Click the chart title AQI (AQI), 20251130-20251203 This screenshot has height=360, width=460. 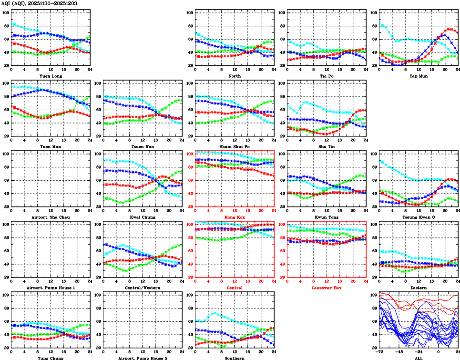coord(39,3)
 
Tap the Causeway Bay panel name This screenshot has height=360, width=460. coord(326,288)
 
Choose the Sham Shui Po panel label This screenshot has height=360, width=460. coord(234,146)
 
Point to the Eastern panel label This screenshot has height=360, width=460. coord(418,288)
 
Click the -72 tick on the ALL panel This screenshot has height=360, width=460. coord(379,352)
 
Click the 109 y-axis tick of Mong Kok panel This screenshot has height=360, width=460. coord(189,154)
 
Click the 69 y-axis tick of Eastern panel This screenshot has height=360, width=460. coord(373,251)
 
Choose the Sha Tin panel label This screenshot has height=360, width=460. coord(326,146)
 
